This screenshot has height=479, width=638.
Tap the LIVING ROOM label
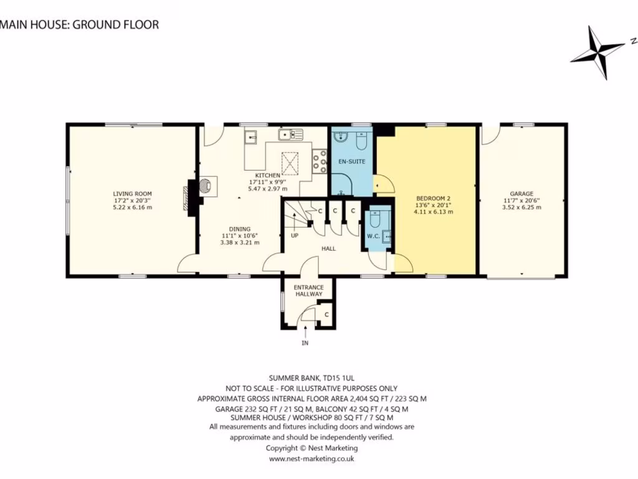(132, 194)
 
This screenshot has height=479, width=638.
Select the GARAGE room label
(521, 194)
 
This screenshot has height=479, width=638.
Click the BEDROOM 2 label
(434, 199)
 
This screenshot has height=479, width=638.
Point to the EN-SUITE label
(352, 162)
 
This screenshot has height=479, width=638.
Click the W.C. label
(373, 236)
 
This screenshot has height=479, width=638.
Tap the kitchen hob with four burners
(320, 162)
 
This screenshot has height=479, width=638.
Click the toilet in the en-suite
(361, 140)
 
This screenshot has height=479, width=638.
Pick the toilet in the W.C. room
(374, 219)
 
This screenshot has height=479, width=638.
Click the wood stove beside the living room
(207, 186)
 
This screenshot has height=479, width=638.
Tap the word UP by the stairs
(295, 235)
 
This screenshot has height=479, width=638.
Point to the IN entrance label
(305, 343)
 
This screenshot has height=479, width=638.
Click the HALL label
(329, 248)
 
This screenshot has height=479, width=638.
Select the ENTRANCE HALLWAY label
(309, 291)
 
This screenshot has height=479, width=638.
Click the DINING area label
(240, 229)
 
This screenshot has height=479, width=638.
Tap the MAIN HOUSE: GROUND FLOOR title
(79, 24)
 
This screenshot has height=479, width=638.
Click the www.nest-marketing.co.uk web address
(312, 458)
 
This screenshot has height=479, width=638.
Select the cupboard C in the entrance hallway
(326, 314)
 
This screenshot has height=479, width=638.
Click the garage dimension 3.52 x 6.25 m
(521, 207)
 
